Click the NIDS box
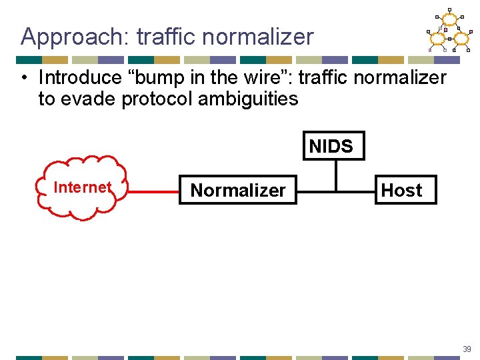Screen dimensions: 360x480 click(x=331, y=146)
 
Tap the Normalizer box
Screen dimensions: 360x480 click(x=238, y=190)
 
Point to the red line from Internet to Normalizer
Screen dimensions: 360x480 click(x=153, y=191)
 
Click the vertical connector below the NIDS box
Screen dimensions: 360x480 click(x=335, y=175)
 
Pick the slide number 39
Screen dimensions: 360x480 click(x=466, y=348)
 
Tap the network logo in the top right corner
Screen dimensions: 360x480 click(x=449, y=31)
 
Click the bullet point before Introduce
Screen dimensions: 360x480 click(x=24, y=78)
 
